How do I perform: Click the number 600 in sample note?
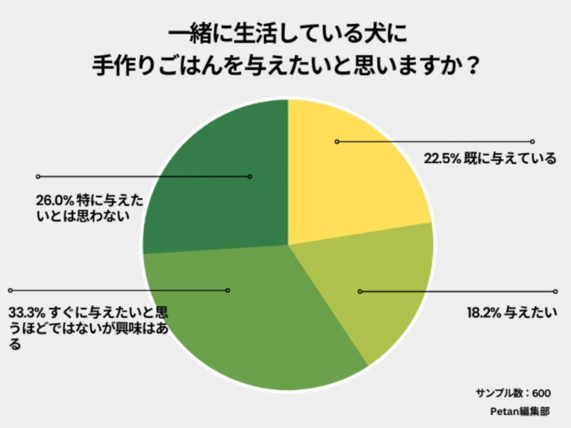coord(540,393)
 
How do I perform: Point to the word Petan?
coord(503,412)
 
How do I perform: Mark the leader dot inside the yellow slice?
coord(337,142)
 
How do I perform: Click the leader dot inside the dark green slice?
coord(250,177)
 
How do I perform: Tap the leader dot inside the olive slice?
coord(360,291)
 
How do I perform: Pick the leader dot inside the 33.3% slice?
coord(228,290)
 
